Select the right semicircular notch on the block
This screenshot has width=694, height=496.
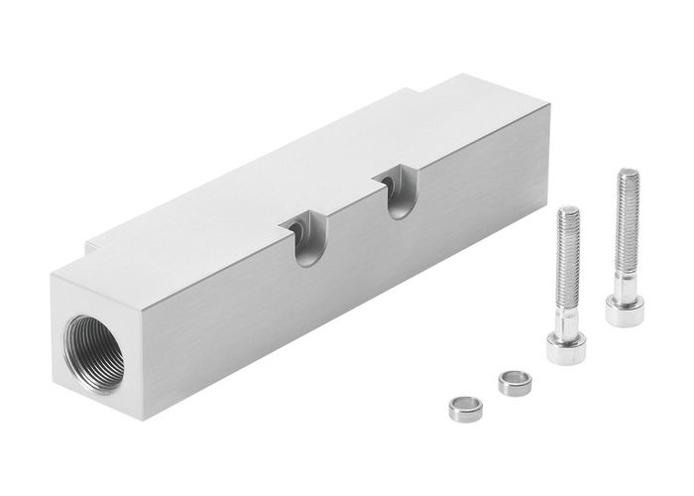pos(396,196)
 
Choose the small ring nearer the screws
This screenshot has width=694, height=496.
pos(513,379)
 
